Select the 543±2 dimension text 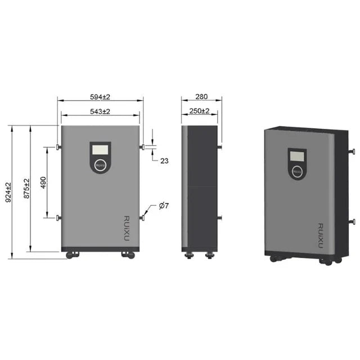click(100, 111)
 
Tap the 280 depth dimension click(201, 97)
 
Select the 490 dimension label click(43, 182)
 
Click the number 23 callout click(164, 161)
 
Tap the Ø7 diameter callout click(164, 206)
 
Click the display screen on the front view click(100, 150)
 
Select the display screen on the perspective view click(296, 155)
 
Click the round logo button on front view click(100, 165)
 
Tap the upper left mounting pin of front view click(57, 147)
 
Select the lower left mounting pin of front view click(57, 218)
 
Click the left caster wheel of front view click(73, 255)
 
